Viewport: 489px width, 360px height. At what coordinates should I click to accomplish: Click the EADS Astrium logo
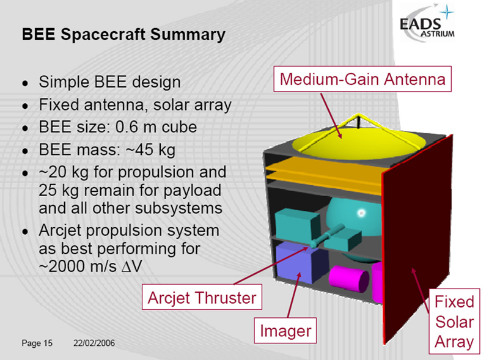pyautogui.click(x=427, y=23)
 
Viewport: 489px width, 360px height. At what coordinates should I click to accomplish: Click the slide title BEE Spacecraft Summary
pyautogui.click(x=123, y=34)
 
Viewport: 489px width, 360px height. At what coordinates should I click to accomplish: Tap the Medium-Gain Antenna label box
pyautogui.click(x=362, y=79)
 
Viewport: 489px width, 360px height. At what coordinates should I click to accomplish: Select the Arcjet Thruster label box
pyautogui.click(x=202, y=297)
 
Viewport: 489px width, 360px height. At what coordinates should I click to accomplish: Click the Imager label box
pyautogui.click(x=285, y=331)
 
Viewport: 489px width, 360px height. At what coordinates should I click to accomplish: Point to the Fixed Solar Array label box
pyautogui.click(x=454, y=321)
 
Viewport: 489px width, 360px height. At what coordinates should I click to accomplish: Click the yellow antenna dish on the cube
pyautogui.click(x=359, y=142)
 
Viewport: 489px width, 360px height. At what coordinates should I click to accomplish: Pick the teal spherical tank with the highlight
pyautogui.click(x=354, y=218)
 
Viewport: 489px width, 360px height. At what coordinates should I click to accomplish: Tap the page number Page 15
pyautogui.click(x=37, y=343)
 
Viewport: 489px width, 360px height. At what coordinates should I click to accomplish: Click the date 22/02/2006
pyautogui.click(x=94, y=343)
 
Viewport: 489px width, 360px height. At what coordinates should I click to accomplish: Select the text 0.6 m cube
pyautogui.click(x=156, y=127)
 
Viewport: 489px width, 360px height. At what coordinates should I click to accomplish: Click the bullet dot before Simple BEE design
pyautogui.click(x=25, y=84)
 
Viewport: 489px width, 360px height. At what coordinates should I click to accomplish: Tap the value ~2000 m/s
pyautogui.click(x=78, y=266)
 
